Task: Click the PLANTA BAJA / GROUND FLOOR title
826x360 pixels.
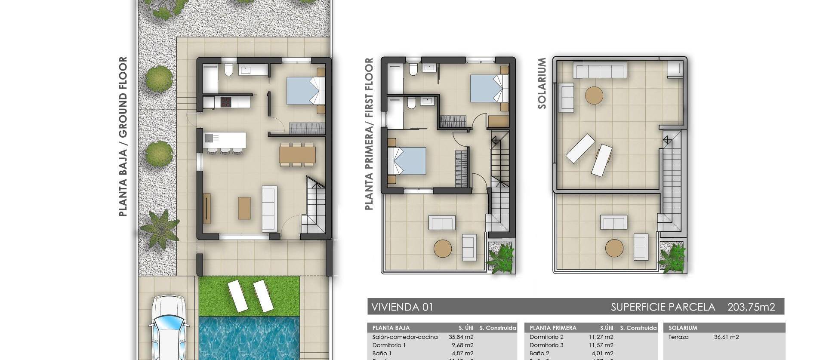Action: click(x=123, y=136)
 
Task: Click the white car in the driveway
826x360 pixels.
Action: click(x=169, y=329)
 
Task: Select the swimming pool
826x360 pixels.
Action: click(x=250, y=338)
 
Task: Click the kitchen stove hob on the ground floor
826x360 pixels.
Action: click(x=226, y=102)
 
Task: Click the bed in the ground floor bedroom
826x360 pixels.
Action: click(x=305, y=90)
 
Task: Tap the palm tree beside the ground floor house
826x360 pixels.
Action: click(x=159, y=230)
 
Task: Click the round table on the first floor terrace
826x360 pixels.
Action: click(x=443, y=248)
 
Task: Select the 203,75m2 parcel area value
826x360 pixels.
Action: click(x=751, y=307)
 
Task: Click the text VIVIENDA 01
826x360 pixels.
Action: click(x=402, y=307)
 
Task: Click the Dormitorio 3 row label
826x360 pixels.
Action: click(x=546, y=345)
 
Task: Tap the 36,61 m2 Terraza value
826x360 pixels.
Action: click(x=726, y=337)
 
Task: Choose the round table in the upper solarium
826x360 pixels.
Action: click(x=594, y=95)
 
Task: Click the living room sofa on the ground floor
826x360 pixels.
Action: click(x=270, y=209)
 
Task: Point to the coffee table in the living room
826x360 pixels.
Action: click(x=244, y=208)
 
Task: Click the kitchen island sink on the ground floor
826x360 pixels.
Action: click(x=209, y=138)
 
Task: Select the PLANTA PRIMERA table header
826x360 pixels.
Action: click(x=553, y=328)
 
